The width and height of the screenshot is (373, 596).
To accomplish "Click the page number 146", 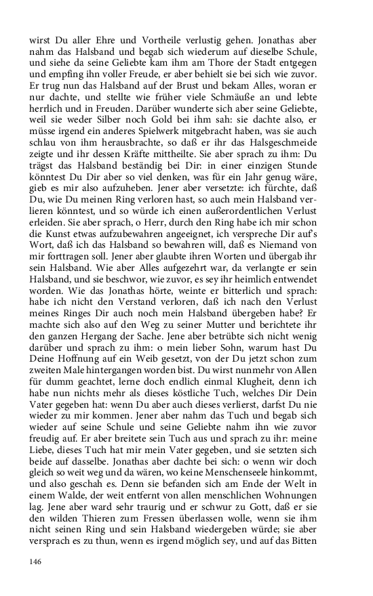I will [37, 560].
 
